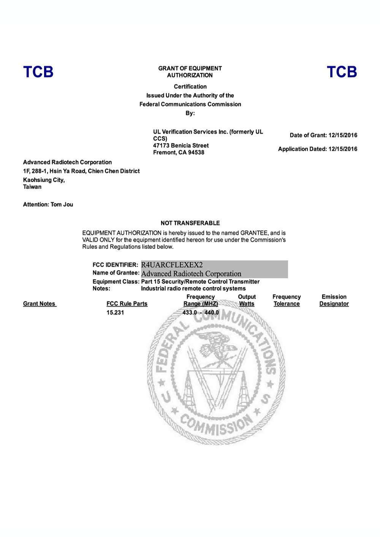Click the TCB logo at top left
point(38,72)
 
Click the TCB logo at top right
point(342,72)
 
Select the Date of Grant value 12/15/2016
point(343,135)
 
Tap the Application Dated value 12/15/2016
point(343,149)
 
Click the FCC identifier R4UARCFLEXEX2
point(172,265)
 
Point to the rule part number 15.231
point(115,313)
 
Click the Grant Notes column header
point(40,304)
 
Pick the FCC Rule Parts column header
point(127,304)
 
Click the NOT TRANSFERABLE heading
point(190,223)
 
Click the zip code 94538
point(196,153)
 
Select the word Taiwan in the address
point(32,187)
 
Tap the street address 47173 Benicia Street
point(181,146)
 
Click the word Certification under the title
point(190,87)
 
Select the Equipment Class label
point(116,282)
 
